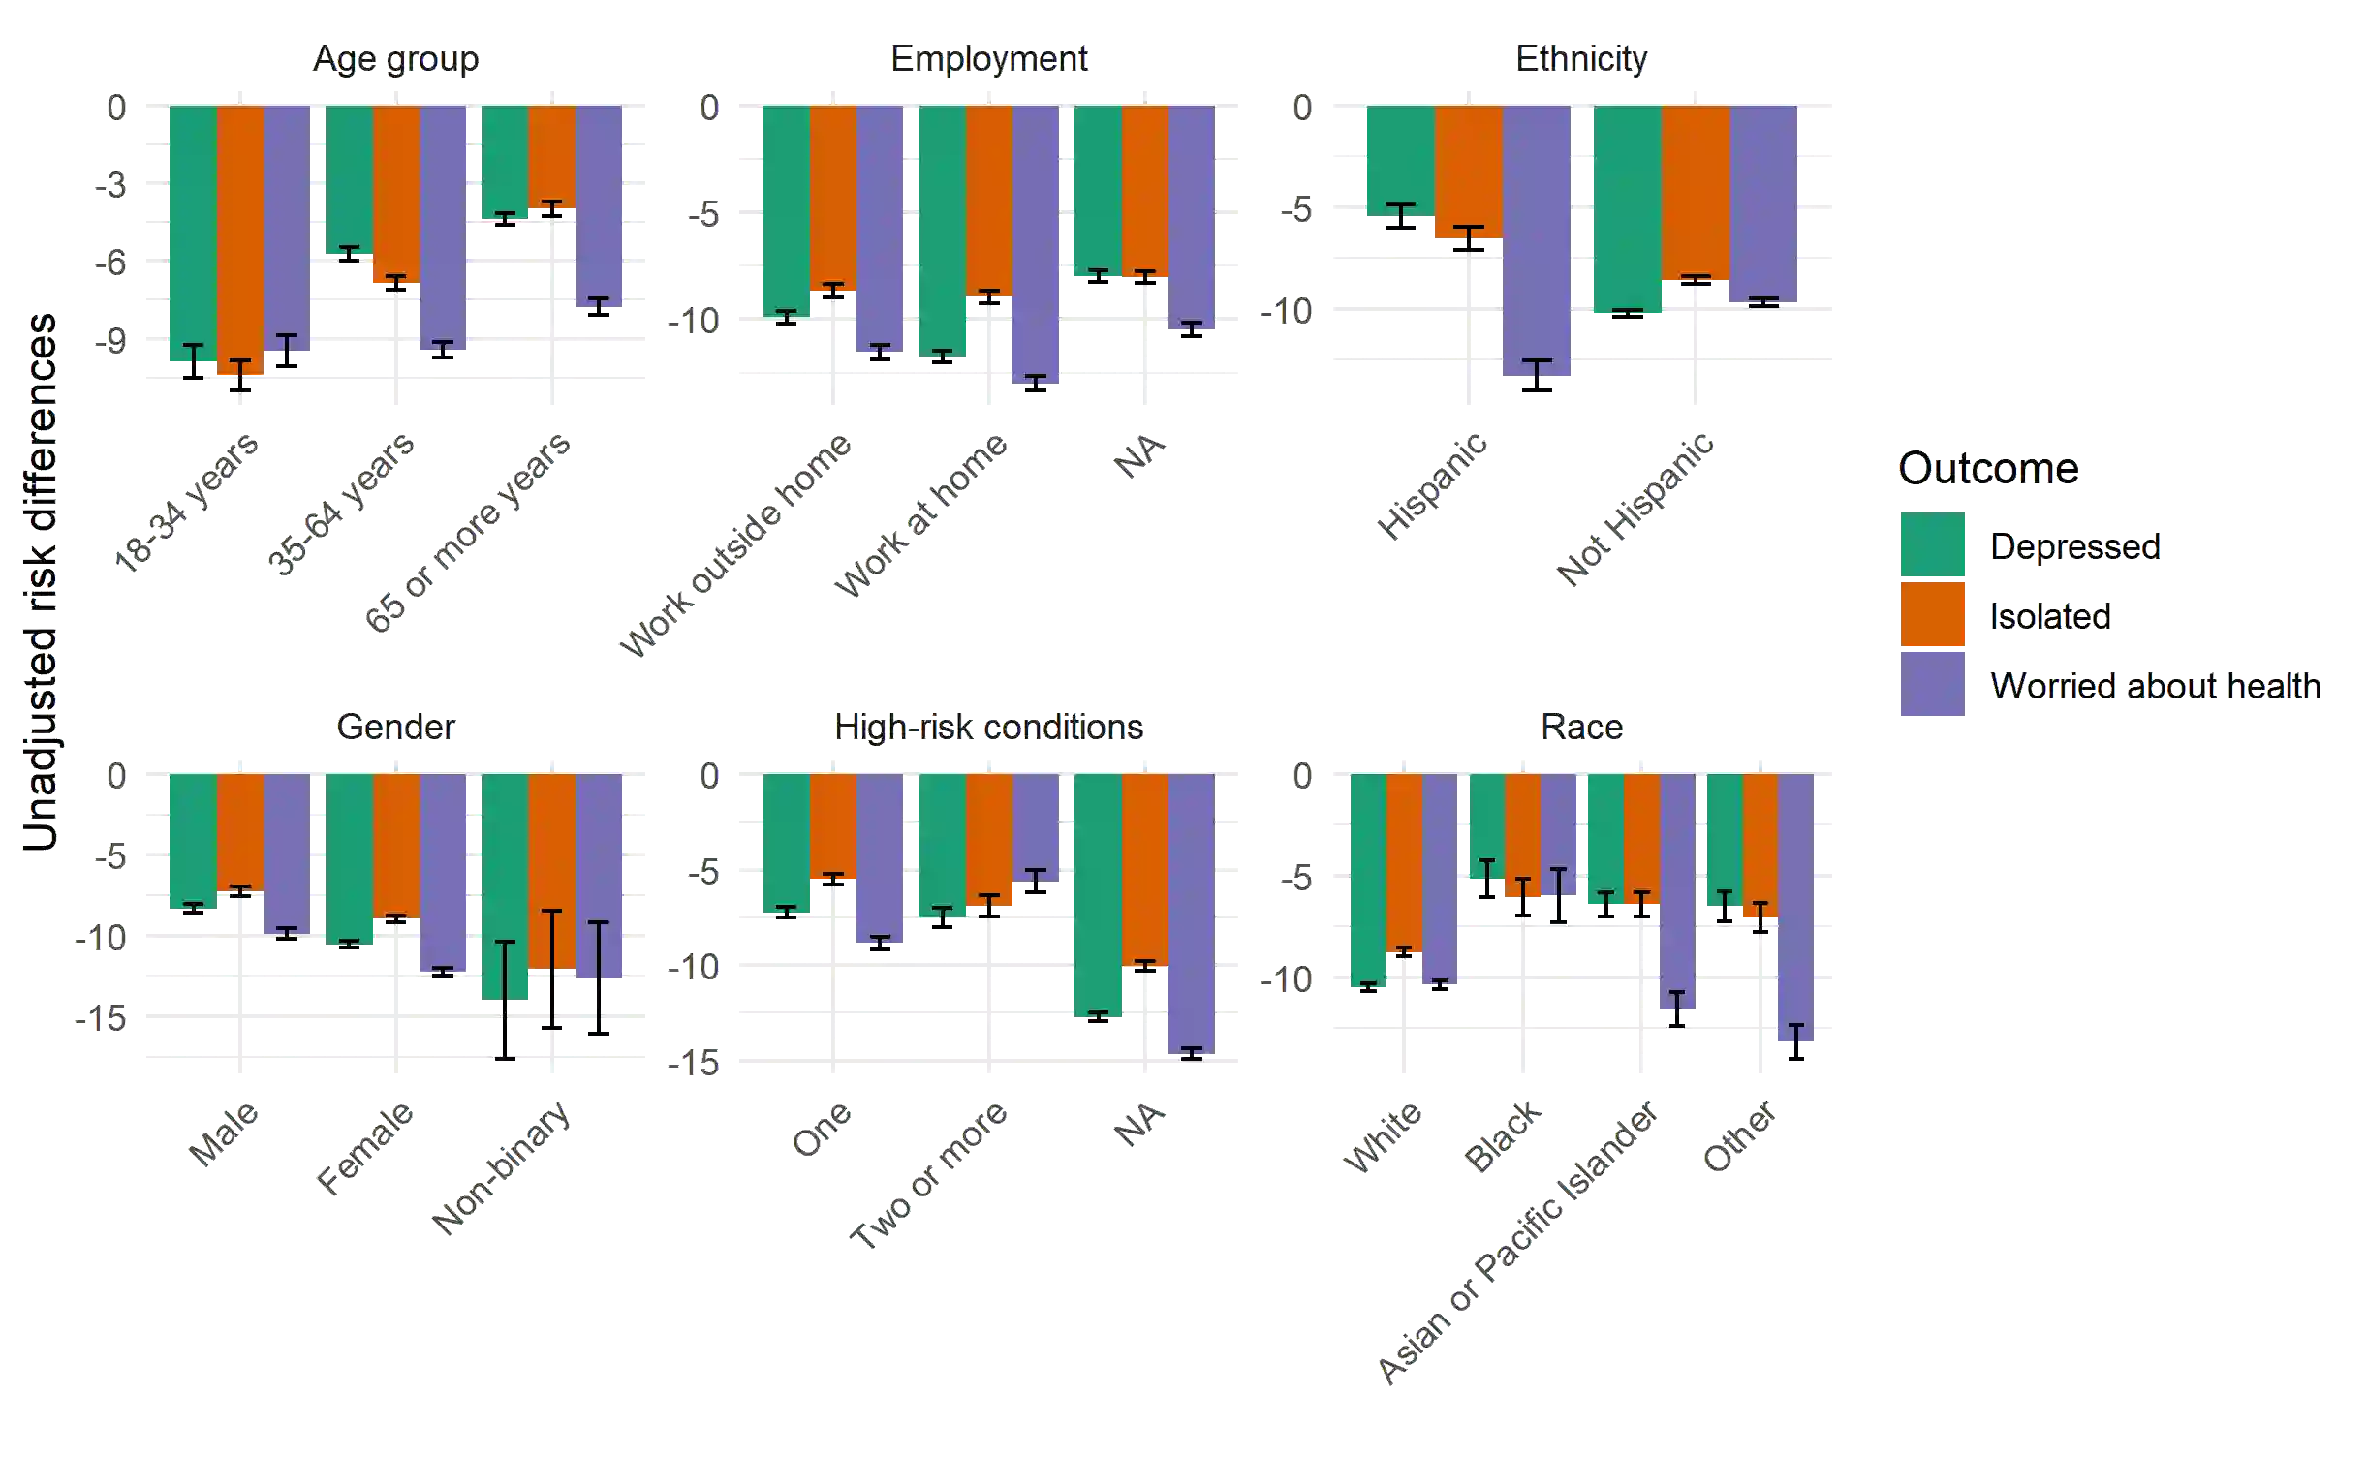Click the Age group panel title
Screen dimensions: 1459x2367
(395, 59)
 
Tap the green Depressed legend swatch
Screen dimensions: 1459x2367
(1932, 545)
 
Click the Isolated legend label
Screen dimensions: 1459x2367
(2050, 616)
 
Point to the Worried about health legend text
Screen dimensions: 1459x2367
(2157, 686)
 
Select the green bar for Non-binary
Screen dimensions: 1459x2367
(505, 885)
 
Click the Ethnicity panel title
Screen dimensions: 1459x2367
(1581, 59)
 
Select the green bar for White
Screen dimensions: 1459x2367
(1367, 881)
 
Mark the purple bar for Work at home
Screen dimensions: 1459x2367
(1036, 244)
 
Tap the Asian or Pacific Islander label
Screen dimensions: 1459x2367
(1517, 1244)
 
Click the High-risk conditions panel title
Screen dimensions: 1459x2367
(989, 728)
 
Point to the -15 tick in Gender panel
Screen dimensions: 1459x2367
(101, 1017)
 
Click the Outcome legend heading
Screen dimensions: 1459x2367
(1987, 470)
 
